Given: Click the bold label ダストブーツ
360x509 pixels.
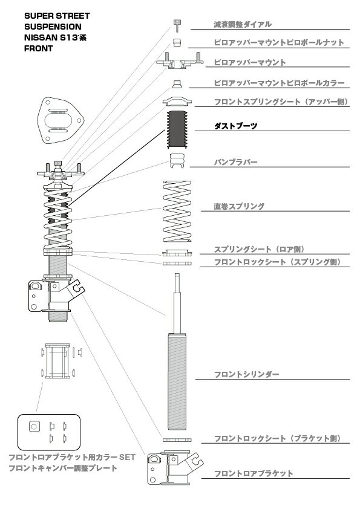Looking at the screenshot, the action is click(235, 126).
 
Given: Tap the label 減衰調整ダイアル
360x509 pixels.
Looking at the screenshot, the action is click(243, 24).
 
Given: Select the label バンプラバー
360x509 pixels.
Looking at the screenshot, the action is click(235, 161).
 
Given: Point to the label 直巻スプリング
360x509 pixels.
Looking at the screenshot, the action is click(239, 206).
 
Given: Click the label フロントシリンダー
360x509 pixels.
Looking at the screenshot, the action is click(247, 374).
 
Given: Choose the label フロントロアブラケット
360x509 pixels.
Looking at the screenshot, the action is click(254, 473).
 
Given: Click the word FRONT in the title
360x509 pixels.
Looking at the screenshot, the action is click(38, 48).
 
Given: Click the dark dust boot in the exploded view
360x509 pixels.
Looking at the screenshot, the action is click(177, 129).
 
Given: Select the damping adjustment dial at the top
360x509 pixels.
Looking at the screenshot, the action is click(177, 25).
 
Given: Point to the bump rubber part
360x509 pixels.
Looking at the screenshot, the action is click(178, 160).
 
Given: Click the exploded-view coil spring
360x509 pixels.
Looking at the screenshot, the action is click(177, 211).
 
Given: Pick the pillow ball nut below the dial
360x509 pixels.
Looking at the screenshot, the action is click(177, 42).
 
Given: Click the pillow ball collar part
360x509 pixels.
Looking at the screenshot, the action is click(177, 84).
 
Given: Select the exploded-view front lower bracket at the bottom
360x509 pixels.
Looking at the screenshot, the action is click(175, 467).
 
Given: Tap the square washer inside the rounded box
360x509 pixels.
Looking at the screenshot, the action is click(34, 426).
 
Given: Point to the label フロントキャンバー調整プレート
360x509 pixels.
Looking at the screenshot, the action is click(63, 468).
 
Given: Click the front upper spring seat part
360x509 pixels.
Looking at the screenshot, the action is click(177, 102).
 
